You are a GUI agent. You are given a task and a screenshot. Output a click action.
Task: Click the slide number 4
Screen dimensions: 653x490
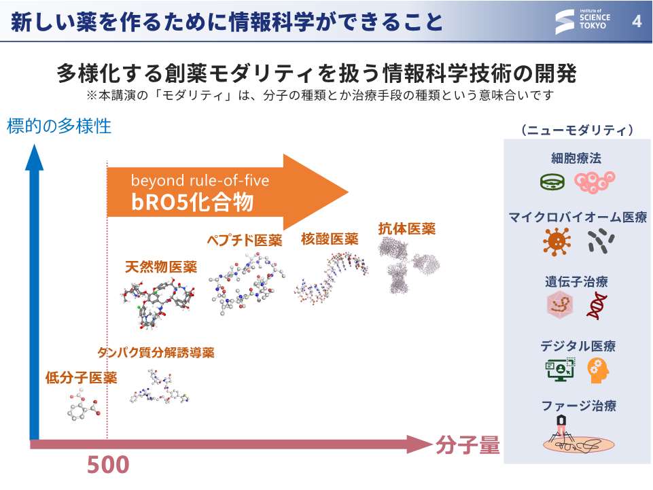pos(637,21)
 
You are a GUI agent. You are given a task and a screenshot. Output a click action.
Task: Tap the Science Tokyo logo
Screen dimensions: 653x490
pos(582,20)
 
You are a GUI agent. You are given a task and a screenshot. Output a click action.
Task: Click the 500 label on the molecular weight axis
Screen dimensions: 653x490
pos(108,465)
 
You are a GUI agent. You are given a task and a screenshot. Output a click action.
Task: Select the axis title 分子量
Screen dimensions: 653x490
pos(467,444)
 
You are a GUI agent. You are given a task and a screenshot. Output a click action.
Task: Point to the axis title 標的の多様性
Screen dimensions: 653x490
pos(59,126)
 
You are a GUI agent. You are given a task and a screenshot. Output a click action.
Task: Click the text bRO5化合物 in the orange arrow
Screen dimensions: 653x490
pos(192,202)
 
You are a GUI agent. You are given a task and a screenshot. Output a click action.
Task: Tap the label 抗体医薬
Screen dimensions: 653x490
pos(407,228)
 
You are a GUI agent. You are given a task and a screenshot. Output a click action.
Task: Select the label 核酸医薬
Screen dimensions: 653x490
pos(330,239)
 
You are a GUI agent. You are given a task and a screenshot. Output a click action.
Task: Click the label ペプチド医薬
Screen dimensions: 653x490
pos(245,240)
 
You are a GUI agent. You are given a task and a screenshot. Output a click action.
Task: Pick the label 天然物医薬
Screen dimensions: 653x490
pos(161,266)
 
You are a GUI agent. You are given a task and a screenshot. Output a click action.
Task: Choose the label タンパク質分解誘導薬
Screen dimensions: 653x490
pos(156,353)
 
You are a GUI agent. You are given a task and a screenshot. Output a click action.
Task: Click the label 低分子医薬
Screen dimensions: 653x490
pos(82,377)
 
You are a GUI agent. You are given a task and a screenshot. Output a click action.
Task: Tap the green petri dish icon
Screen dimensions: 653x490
pos(552,181)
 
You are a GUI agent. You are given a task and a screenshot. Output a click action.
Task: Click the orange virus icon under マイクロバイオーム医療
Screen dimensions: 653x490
pos(557,242)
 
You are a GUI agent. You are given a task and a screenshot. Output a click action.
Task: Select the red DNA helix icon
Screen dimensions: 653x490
pos(597,305)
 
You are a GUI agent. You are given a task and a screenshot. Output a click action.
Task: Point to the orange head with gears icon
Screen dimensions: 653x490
pos(598,370)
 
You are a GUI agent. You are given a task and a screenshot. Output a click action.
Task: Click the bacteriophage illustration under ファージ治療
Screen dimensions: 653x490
pos(578,434)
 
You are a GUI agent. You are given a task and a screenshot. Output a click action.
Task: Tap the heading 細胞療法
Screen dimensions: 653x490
pos(576,158)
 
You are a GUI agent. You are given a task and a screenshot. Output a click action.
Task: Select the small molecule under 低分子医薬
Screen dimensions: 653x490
pos(84,404)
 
